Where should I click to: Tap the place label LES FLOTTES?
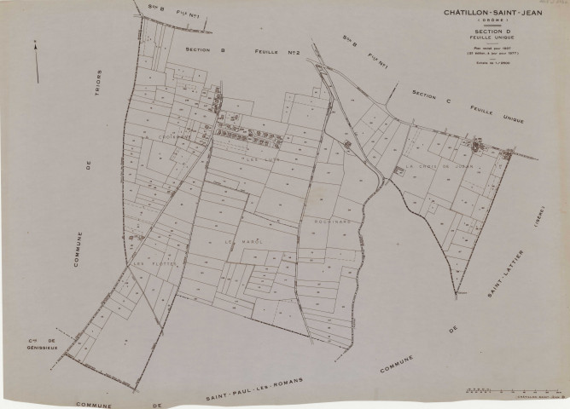(x=154, y=263)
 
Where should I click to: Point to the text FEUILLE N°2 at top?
(x=256, y=50)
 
